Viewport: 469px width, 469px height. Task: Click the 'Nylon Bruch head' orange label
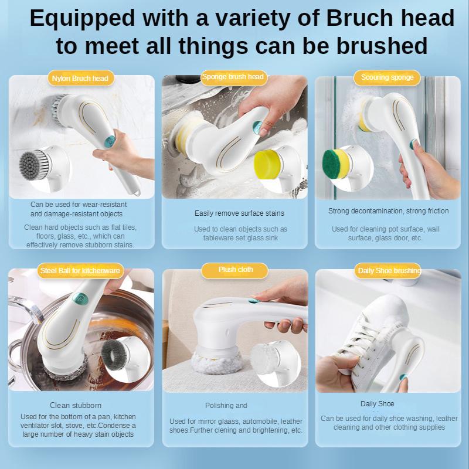(80, 78)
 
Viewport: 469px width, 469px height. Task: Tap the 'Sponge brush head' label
(233, 77)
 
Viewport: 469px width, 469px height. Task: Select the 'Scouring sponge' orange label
(387, 77)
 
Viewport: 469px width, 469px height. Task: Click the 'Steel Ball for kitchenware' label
(80, 270)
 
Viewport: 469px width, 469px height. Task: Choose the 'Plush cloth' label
(235, 270)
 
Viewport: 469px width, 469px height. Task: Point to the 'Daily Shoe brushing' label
(389, 270)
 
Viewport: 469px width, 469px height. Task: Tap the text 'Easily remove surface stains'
(239, 213)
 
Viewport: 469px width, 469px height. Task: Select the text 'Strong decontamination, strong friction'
(388, 211)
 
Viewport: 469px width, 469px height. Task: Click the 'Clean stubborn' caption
(76, 405)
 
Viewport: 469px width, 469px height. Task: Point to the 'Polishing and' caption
(226, 406)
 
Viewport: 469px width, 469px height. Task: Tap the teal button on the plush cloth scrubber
(253, 300)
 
